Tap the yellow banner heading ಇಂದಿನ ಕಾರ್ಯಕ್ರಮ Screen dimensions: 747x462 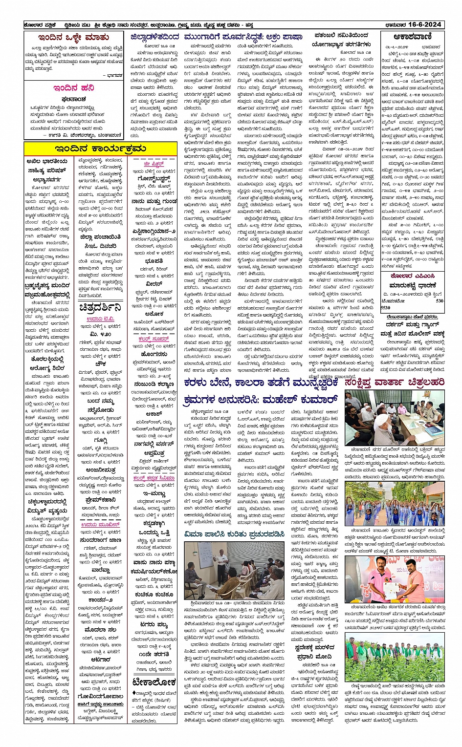click(x=101, y=149)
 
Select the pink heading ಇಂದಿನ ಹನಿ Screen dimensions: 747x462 click(x=74, y=88)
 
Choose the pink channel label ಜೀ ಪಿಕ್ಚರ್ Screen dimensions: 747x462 click(x=154, y=164)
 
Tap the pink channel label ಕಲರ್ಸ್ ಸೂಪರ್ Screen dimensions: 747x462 click(x=154, y=339)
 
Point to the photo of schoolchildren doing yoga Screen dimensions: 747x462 click(x=395, y=504)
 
